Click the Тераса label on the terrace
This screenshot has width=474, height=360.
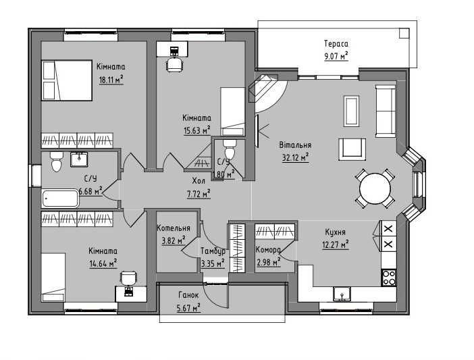(x=336, y=43)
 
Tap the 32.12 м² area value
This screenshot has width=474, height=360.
(x=295, y=158)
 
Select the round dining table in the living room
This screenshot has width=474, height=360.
(x=375, y=188)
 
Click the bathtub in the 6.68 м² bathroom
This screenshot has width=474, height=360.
(x=61, y=199)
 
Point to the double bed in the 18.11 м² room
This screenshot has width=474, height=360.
(x=67, y=80)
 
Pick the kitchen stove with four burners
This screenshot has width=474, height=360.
(x=389, y=278)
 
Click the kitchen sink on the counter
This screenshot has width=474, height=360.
(x=342, y=294)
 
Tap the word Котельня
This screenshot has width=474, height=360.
(x=174, y=228)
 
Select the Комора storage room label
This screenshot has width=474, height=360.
(x=268, y=250)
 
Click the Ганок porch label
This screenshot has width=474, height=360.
(x=188, y=294)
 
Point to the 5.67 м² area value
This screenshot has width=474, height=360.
(x=188, y=307)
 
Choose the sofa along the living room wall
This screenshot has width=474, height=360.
(x=386, y=111)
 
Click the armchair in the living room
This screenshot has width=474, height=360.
(x=352, y=149)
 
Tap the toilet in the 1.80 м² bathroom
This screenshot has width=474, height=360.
(x=230, y=149)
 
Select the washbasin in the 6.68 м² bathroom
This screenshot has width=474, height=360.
(x=79, y=159)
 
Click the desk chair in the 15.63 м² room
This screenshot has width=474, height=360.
(x=175, y=65)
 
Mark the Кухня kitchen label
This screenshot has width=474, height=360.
(x=336, y=232)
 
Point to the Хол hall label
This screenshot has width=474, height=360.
(x=199, y=181)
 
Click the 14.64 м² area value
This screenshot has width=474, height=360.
(x=103, y=263)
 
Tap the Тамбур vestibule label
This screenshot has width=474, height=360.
(x=213, y=251)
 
